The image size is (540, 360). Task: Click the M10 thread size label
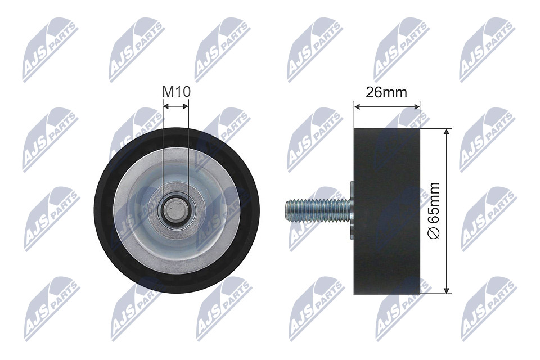click(x=175, y=91)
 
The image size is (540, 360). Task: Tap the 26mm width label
click(x=386, y=92)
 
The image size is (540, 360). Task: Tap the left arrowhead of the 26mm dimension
click(x=356, y=105)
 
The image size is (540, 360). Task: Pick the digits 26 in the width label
click(x=373, y=92)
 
